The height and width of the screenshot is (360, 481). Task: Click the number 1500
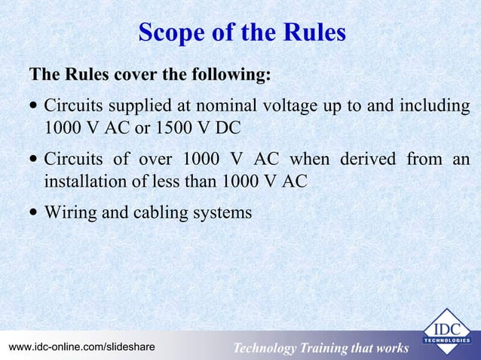click(173, 124)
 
